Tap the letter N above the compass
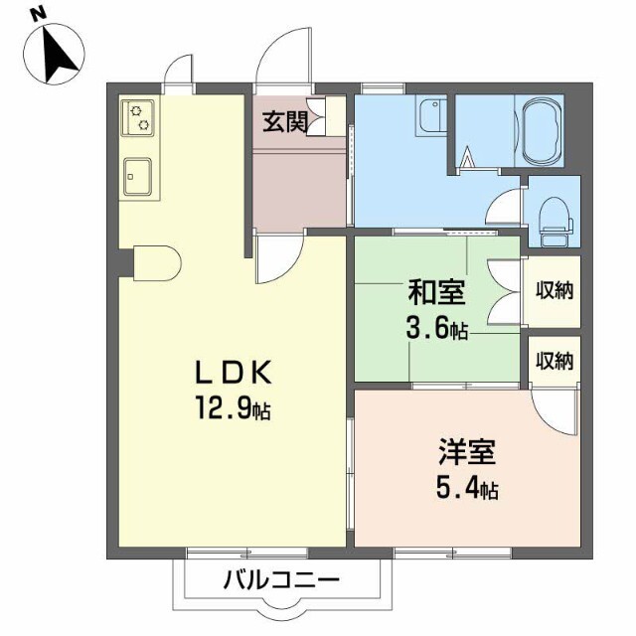[x=39, y=16]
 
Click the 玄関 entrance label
[x=284, y=121]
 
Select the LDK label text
[x=234, y=373]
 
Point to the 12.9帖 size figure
[x=234, y=407]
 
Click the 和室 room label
[x=437, y=292]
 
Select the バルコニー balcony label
[x=281, y=580]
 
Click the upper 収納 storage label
[x=555, y=290]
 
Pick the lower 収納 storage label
[x=555, y=360]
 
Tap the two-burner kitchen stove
[x=137, y=117]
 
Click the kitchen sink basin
[x=137, y=176]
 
